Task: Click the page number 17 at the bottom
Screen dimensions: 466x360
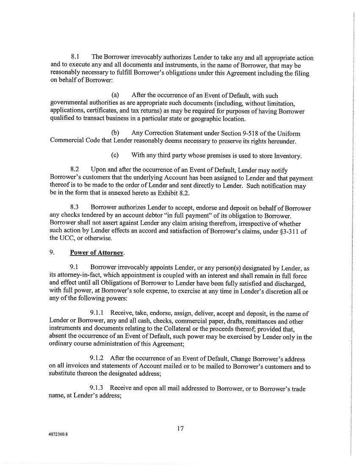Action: click(x=180, y=428)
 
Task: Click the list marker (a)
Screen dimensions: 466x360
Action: click(x=115, y=95)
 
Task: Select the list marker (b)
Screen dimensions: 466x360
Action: click(x=115, y=133)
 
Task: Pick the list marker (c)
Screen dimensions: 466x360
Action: click(x=115, y=155)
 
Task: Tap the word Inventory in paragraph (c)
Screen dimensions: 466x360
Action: click(x=286, y=156)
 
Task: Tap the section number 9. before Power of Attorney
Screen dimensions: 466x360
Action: click(x=53, y=253)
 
